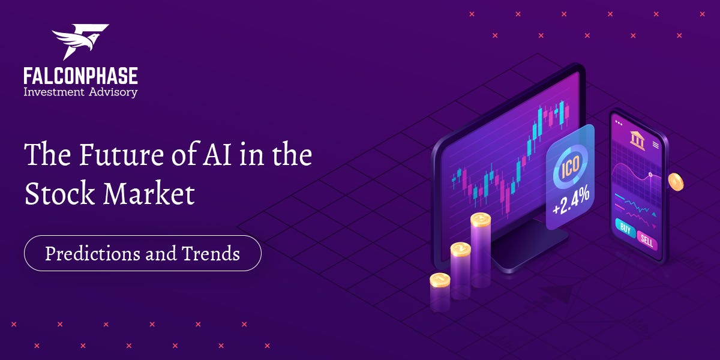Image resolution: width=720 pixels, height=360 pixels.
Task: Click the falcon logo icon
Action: tap(80, 42)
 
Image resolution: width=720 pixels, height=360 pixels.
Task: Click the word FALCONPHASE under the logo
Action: tap(80, 76)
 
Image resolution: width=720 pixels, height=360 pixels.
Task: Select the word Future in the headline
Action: tap(116, 155)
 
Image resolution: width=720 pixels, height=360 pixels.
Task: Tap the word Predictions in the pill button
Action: tap(92, 253)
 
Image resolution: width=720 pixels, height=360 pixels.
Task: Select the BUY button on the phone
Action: tap(625, 229)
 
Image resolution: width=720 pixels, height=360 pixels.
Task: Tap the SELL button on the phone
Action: tap(647, 241)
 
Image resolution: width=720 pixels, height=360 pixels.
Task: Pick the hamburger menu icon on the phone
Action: tap(656, 145)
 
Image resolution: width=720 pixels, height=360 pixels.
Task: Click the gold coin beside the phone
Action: tap(676, 182)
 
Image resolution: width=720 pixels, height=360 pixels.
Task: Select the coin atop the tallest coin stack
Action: tap(481, 220)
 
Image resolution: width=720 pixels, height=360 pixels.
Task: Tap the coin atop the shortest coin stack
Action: tap(440, 280)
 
